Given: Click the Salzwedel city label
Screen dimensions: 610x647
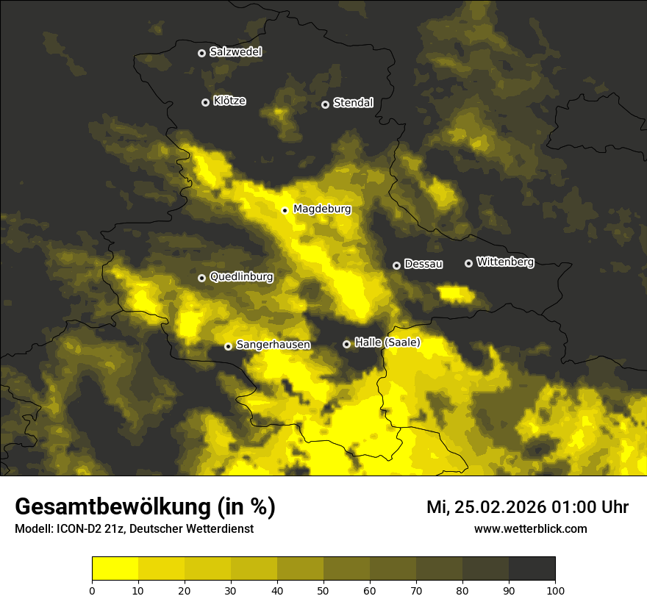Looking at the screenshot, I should (x=235, y=52).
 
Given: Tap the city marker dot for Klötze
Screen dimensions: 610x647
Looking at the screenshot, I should (x=205, y=102).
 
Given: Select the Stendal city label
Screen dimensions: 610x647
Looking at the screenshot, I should (x=353, y=103).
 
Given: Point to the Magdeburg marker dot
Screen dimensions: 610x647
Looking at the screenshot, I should (x=285, y=210).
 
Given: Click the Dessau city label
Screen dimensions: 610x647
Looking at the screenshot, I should (x=423, y=264).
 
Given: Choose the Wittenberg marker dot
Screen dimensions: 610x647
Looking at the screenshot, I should (x=468, y=263).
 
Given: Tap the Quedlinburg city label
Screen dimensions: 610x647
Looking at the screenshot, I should (x=241, y=277).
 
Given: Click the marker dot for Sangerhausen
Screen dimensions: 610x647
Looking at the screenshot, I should (x=228, y=346).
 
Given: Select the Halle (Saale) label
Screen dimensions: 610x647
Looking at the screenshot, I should (x=387, y=342).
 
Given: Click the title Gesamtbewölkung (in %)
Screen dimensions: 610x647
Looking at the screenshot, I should (x=145, y=507).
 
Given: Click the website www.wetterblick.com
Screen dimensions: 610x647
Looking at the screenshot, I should (x=530, y=529).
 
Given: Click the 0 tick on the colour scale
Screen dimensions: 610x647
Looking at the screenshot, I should (x=92, y=590).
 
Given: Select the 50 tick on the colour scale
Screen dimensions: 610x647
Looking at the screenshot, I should (x=323, y=590).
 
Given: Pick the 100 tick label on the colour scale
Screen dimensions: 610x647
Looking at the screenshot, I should (x=555, y=590).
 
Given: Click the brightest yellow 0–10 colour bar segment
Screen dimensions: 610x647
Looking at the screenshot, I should (x=115, y=569).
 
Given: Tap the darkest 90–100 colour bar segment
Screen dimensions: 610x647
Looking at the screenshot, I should (x=532, y=569).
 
